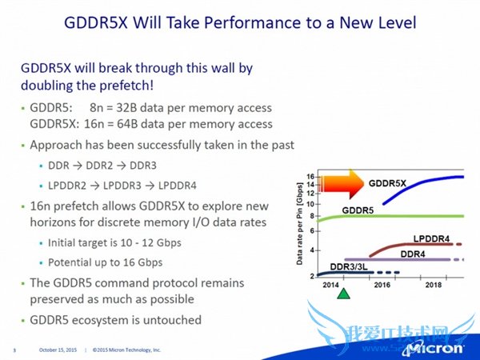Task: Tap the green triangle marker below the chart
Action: (344, 293)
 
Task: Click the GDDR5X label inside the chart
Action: (387, 183)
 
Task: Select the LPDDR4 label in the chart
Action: (432, 239)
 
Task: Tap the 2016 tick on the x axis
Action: (380, 284)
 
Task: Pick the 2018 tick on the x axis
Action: (433, 284)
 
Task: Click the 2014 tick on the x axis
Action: (330, 284)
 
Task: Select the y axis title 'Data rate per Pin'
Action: (301, 224)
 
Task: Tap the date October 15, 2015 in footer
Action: (62, 350)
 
